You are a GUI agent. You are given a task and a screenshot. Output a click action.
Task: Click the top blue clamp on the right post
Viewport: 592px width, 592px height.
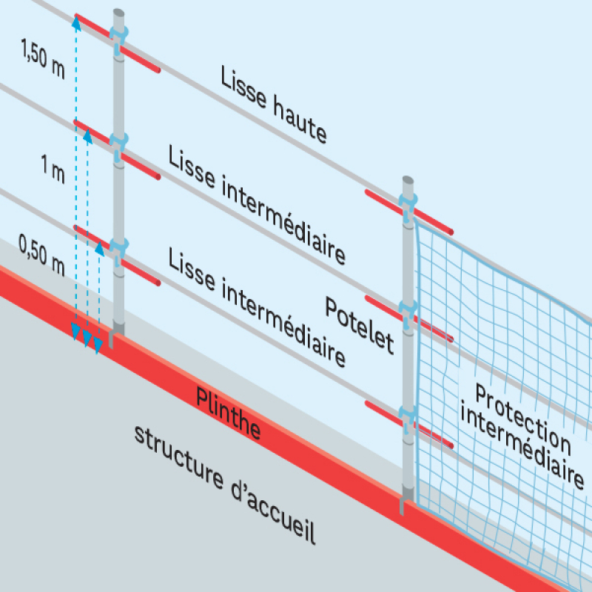(x=408, y=201)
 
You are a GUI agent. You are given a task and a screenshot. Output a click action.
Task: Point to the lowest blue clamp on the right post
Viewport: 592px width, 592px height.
(x=408, y=414)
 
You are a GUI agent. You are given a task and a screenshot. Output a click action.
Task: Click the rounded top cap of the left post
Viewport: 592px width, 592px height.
(x=119, y=13)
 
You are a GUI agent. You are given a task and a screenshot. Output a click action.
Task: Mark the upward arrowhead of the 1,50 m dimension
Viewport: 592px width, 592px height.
(x=75, y=22)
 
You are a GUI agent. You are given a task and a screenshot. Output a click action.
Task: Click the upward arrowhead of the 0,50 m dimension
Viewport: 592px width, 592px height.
(x=99, y=249)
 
